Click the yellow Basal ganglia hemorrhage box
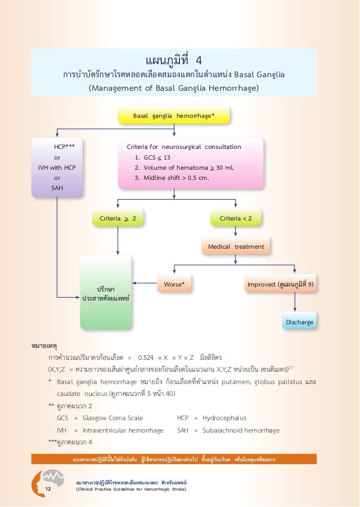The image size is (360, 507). click(x=174, y=116)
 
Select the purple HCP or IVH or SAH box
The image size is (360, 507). click(x=58, y=167)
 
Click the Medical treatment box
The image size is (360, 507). click(x=235, y=246)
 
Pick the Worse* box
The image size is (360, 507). click(x=174, y=285)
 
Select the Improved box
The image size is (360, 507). click(x=280, y=285)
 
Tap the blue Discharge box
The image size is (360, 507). click(x=298, y=322)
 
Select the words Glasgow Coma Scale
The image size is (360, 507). click(x=113, y=418)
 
